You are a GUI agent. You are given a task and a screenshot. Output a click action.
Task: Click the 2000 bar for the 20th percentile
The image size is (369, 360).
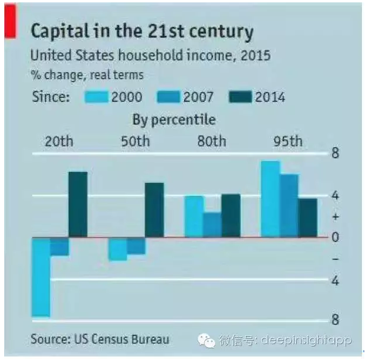click(x=41, y=277)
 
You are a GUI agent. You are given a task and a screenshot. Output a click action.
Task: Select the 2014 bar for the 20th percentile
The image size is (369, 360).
click(x=78, y=205)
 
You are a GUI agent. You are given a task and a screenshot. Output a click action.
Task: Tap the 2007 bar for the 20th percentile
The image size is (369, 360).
click(x=59, y=246)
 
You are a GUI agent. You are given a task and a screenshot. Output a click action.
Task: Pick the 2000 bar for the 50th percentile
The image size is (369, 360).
click(x=117, y=249)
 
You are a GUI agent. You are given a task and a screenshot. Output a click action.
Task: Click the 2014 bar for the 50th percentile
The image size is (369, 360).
click(x=154, y=210)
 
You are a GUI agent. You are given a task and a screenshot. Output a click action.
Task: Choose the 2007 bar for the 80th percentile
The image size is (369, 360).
click(x=212, y=225)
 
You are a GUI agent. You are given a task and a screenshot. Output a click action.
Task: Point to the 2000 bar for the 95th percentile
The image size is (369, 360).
click(x=270, y=199)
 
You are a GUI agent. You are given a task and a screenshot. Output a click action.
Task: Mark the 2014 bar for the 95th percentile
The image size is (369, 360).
click(x=307, y=218)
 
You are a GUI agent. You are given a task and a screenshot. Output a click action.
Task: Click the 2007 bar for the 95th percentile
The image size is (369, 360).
click(x=289, y=206)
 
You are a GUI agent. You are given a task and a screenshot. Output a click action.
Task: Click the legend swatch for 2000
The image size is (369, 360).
click(x=97, y=97)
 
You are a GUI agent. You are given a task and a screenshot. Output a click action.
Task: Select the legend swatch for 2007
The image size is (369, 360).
click(x=168, y=97)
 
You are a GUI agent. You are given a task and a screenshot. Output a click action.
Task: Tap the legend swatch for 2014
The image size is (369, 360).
click(x=241, y=97)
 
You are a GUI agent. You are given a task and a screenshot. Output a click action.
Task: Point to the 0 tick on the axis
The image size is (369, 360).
click(x=336, y=237)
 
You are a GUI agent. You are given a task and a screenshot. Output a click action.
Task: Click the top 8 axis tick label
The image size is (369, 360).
click(x=336, y=153)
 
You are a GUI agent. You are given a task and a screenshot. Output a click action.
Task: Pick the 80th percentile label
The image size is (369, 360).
click(x=212, y=141)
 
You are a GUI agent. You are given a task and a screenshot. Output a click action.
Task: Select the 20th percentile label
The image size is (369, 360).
click(x=59, y=141)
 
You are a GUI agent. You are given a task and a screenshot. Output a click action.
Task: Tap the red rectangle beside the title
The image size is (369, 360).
click(x=10, y=21)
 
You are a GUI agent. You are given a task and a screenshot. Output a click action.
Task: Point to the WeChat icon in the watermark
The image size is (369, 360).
click(x=206, y=341)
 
